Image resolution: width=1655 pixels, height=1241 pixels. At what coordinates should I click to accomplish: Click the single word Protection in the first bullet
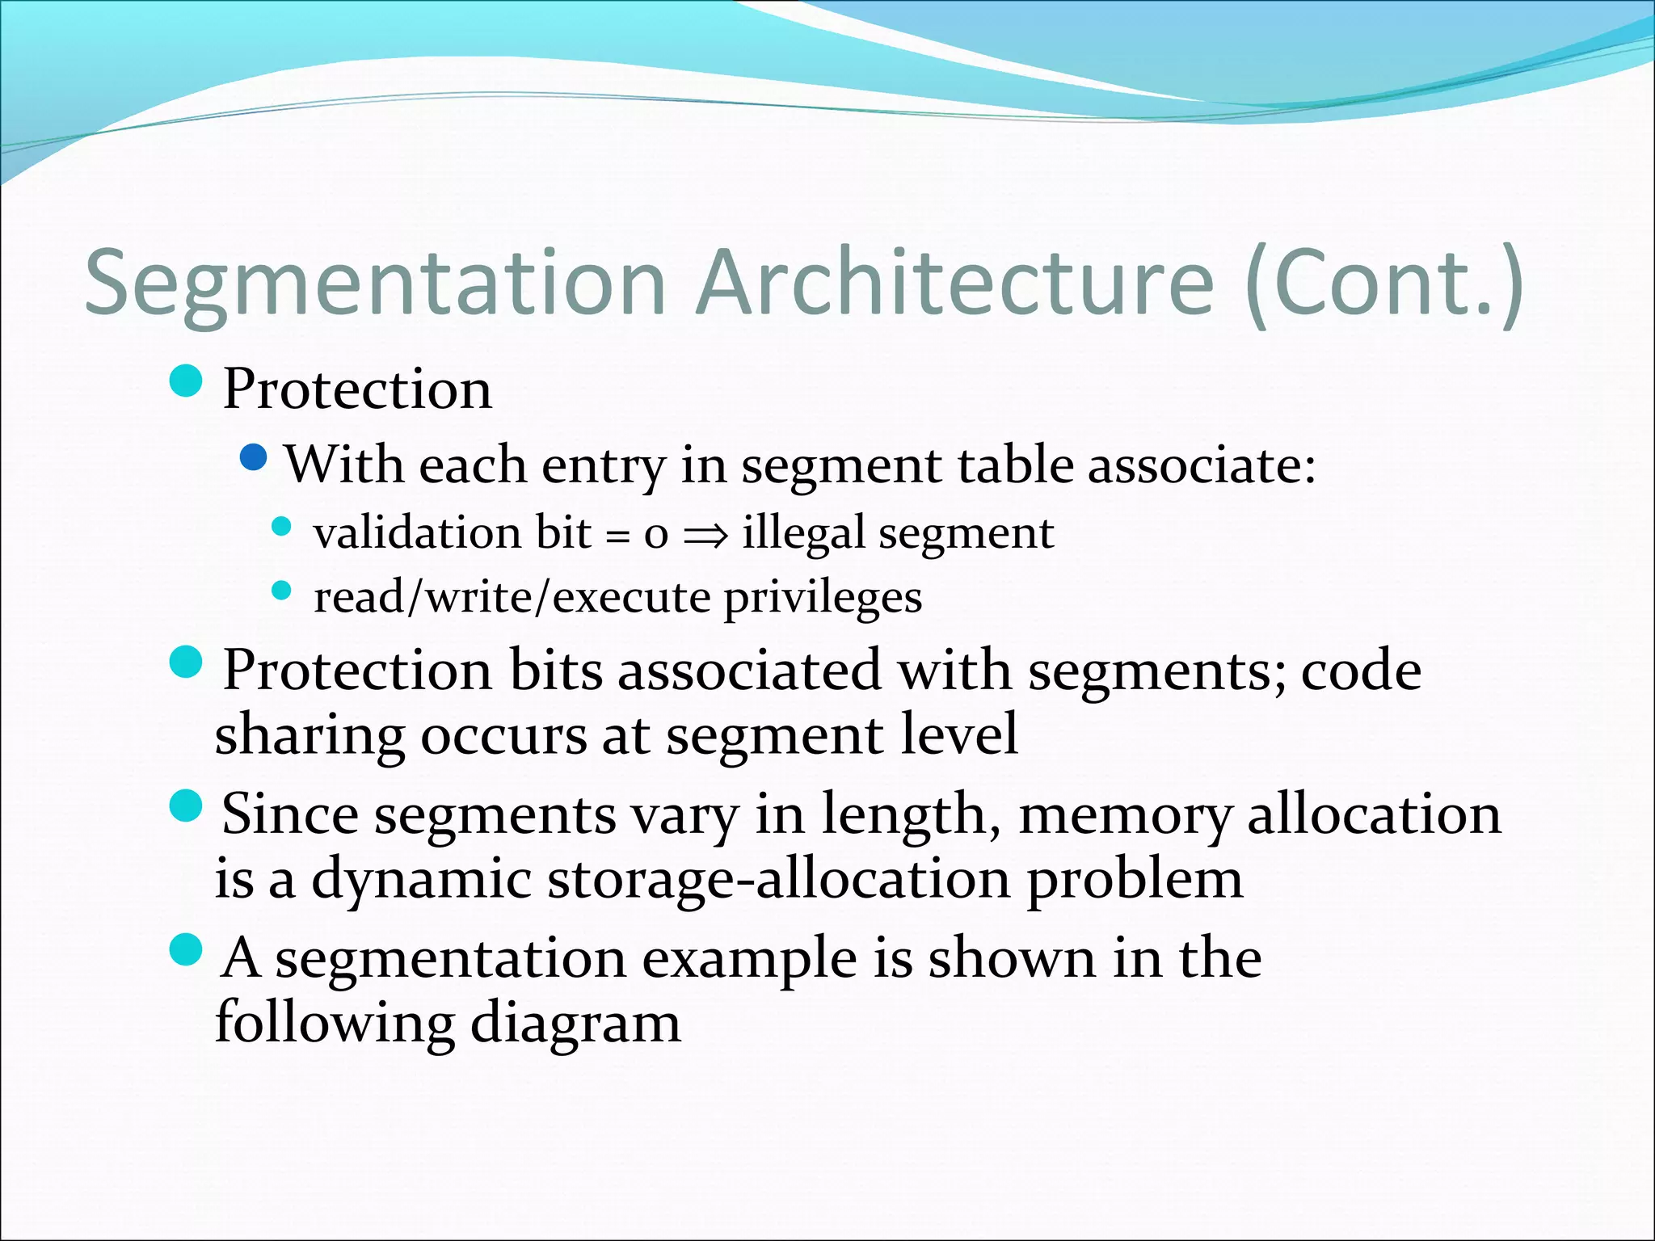tap(356, 389)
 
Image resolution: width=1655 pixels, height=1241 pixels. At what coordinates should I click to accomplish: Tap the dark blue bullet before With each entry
tap(254, 458)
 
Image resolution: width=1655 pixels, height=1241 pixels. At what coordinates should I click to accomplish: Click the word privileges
tap(823, 599)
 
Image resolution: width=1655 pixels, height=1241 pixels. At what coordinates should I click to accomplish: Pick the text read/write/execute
tap(512, 599)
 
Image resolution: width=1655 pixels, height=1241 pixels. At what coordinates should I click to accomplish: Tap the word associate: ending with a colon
tap(1202, 466)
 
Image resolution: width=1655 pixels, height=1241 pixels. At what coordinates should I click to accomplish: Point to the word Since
tap(289, 814)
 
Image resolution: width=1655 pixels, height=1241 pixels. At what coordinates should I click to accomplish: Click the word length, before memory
tap(911, 815)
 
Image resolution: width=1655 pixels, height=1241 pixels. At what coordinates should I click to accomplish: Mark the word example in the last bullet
tap(749, 959)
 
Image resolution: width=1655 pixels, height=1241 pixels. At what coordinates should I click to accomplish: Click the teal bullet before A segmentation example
tap(187, 949)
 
